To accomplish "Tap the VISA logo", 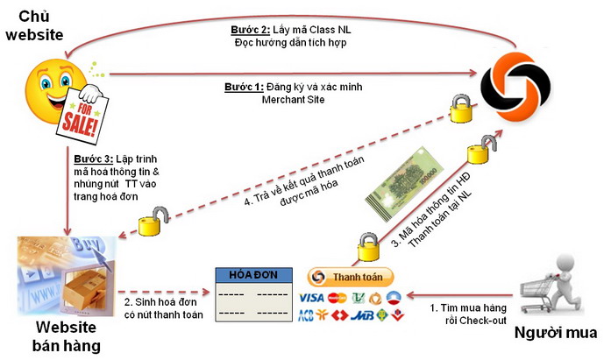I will pos(312,297).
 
